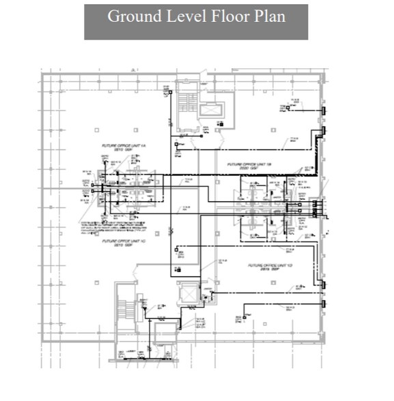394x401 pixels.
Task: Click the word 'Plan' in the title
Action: click(268, 16)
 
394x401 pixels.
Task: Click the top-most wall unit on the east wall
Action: click(324, 110)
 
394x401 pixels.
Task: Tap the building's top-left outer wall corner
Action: click(43, 74)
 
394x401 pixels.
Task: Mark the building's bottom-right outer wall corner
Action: click(322, 340)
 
